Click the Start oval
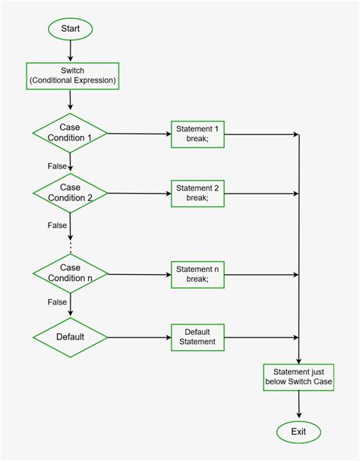pyautogui.click(x=70, y=29)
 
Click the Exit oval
pyautogui.click(x=298, y=432)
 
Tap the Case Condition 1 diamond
pyautogui.click(x=70, y=133)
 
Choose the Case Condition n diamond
pyautogui.click(x=70, y=273)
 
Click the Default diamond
pyautogui.click(x=70, y=336)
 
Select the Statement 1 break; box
pyautogui.click(x=197, y=134)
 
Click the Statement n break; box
pyautogui.click(x=197, y=273)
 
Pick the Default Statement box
pyautogui.click(x=197, y=336)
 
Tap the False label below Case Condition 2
pyautogui.click(x=56, y=225)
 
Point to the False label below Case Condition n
pyautogui.click(x=56, y=302)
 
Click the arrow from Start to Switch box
pyautogui.click(x=70, y=50)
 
